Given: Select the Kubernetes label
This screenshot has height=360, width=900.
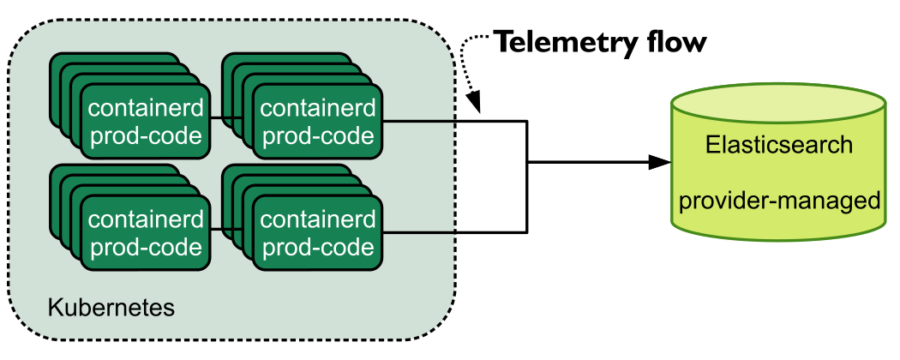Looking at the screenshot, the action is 111,308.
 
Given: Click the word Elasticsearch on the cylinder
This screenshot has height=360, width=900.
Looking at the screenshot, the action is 779,145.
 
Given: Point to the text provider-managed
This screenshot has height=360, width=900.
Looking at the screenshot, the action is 779,201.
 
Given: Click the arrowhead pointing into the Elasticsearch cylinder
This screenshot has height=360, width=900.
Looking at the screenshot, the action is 660,163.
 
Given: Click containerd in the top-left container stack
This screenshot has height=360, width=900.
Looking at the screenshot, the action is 146,107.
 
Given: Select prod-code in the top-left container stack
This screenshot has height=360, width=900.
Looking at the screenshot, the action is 147,136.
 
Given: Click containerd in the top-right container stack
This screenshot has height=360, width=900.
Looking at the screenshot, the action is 318,107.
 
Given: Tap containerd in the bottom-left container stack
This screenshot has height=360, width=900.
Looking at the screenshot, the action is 146,219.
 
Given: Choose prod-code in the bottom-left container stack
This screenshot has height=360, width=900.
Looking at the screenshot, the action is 147,248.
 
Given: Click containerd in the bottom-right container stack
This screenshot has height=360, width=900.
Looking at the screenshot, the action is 318,219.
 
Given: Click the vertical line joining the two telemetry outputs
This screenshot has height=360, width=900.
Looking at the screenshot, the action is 526,177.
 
